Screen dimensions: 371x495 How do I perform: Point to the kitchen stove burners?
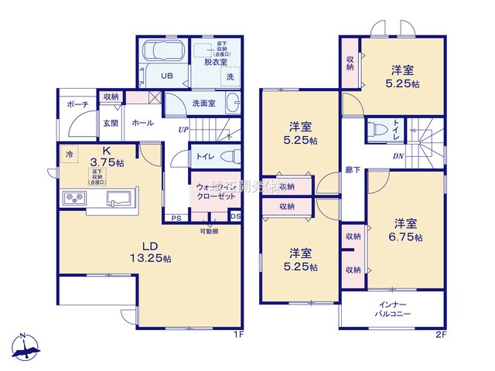coord(74,199)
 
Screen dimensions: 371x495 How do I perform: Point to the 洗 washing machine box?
coord(230,76)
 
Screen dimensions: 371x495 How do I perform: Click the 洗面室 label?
coord(203,102)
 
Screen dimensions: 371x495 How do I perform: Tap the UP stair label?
coord(183,129)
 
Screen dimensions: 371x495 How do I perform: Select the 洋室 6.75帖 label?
coord(406,230)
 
